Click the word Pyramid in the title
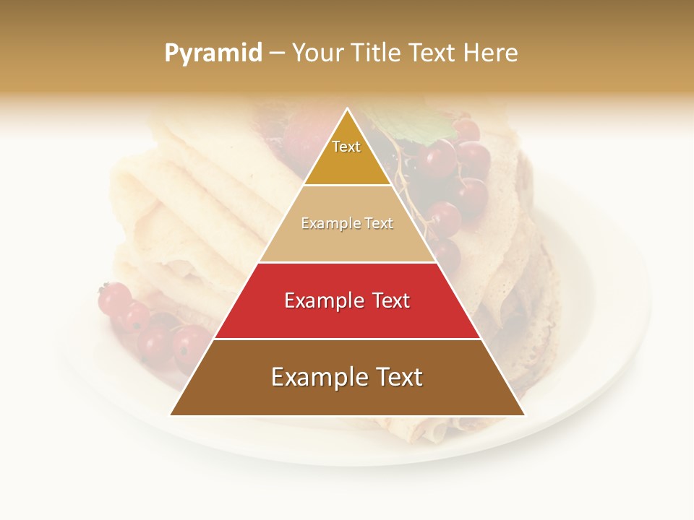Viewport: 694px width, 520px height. [x=213, y=53]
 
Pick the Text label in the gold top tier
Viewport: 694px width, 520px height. [x=346, y=147]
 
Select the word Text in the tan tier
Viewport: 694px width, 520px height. [x=377, y=224]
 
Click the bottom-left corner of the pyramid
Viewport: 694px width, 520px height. [x=171, y=415]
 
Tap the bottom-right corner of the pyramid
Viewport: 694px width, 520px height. [x=524, y=415]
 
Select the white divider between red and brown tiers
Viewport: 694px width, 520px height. [x=348, y=339]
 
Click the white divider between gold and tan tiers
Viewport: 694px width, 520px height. [x=348, y=186]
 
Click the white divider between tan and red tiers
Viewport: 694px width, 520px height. [x=348, y=262]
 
